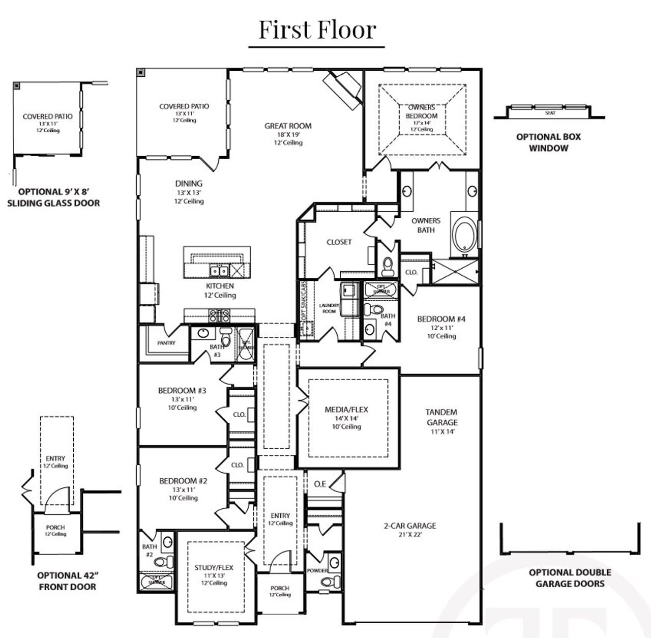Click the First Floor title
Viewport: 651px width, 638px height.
click(317, 30)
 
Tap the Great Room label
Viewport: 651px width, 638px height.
click(288, 126)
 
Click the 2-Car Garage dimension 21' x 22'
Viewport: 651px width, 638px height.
click(409, 535)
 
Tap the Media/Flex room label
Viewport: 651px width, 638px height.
click(346, 410)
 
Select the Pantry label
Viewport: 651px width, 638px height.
click(166, 343)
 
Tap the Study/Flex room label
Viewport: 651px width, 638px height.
click(214, 567)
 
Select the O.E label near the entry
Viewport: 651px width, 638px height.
click(320, 484)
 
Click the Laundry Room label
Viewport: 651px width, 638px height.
click(329, 308)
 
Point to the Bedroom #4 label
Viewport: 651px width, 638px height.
click(441, 319)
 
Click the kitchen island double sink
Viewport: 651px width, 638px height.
click(219, 270)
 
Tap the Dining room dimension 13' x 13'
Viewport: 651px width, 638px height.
click(189, 193)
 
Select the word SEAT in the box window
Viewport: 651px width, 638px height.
click(550, 112)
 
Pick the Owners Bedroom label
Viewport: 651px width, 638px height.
click(422, 111)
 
